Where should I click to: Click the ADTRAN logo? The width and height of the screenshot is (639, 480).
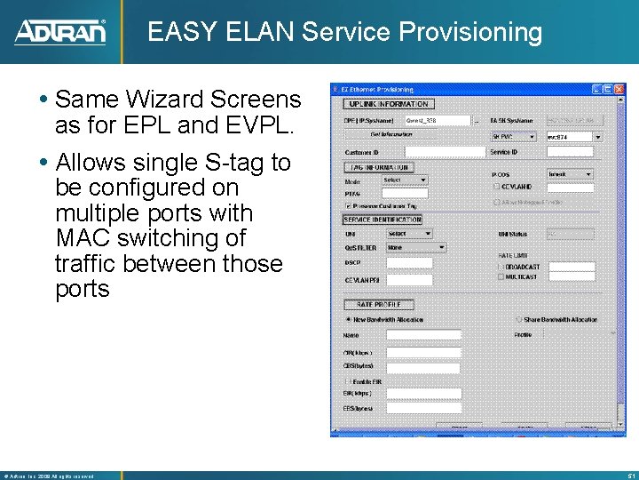(x=60, y=32)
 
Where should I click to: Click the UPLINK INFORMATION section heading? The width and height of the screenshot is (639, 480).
(x=382, y=104)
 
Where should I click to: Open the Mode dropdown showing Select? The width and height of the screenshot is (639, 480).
(x=406, y=180)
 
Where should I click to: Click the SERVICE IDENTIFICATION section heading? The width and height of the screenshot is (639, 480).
(x=383, y=220)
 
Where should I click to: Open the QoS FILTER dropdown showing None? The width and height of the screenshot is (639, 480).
(x=415, y=247)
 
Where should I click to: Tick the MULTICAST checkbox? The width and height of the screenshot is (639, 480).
(x=501, y=276)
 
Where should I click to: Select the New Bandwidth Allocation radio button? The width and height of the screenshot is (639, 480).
(x=348, y=319)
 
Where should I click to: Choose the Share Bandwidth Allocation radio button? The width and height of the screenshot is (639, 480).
(x=518, y=319)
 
